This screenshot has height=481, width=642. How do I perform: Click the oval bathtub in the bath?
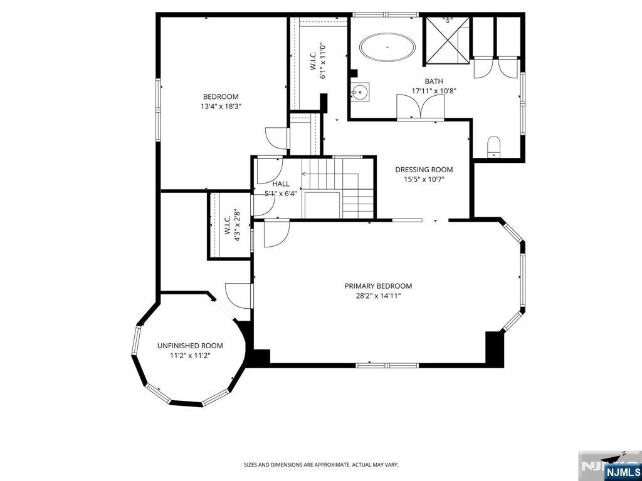point(387,48)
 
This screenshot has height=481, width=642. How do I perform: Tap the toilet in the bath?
point(494,147)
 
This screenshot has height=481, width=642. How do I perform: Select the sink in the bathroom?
point(360,92)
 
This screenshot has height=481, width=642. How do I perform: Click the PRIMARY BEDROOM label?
point(378,286)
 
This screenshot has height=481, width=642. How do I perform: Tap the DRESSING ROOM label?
point(424,169)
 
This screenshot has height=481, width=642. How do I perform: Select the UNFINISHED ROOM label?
point(190,346)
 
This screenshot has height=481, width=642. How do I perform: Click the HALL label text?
point(281,184)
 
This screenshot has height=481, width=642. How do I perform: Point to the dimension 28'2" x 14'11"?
point(378,296)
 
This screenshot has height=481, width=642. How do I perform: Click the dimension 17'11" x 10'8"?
point(434,91)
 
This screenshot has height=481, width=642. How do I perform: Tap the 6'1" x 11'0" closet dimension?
point(324,61)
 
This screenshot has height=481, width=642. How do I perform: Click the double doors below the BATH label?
point(421,107)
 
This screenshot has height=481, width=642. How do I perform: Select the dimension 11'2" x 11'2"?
point(190,356)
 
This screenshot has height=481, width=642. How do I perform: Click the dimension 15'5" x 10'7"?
point(424,178)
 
